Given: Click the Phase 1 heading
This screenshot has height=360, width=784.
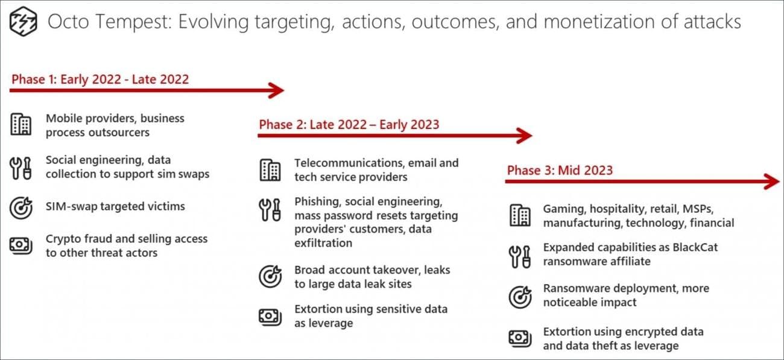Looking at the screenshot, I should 100,79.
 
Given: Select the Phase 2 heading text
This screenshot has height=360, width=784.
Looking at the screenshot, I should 349,125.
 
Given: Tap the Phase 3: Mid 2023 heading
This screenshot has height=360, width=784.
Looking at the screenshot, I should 560,170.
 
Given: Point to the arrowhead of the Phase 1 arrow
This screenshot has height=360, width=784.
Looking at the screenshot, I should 277,90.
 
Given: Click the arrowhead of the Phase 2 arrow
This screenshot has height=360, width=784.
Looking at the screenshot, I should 525,136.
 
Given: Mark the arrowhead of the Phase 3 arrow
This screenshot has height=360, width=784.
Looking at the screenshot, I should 773,181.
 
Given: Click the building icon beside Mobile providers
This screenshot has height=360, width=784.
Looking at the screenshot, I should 21,125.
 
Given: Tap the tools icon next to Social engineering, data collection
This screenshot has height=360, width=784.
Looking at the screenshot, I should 21,167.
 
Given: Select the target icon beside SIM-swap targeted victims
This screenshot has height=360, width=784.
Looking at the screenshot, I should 21,207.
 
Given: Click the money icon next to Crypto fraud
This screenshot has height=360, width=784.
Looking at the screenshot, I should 21,245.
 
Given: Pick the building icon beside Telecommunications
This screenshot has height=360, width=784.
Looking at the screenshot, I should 270,170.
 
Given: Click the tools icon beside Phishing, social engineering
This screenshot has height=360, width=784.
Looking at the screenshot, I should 270,208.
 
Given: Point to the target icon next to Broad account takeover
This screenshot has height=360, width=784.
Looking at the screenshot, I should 270,277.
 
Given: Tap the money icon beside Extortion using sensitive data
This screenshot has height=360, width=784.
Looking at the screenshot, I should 270,316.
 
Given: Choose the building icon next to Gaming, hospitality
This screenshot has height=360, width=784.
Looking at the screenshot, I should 519,215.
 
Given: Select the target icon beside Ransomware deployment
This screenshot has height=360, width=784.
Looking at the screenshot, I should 519,296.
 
